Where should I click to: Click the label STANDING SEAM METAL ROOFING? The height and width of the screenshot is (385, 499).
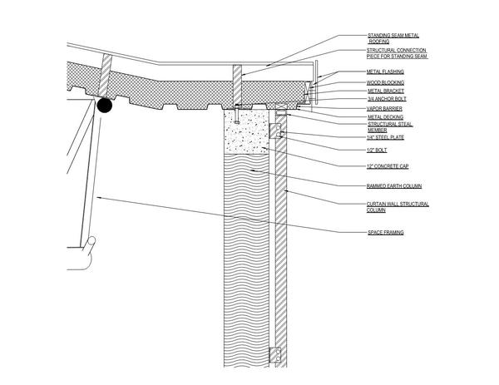(393, 38)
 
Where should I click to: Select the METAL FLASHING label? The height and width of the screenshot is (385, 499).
(385, 72)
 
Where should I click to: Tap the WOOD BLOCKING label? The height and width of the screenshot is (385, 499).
(385, 82)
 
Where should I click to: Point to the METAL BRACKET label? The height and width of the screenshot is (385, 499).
(386, 91)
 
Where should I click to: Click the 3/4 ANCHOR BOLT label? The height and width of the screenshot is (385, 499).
(387, 99)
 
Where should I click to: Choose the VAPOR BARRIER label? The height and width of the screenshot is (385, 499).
(384, 109)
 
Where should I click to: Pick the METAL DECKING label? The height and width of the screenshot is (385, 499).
(385, 117)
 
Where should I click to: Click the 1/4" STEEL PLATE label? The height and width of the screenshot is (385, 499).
(385, 137)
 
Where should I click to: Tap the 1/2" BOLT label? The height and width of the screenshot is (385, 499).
(377, 151)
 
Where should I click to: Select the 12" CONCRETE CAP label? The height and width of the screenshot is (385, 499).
(388, 166)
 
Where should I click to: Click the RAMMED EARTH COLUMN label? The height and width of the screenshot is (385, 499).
(394, 186)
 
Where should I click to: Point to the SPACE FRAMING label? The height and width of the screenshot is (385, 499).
(386, 233)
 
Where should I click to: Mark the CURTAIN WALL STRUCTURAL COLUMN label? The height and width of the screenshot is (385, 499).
(398, 207)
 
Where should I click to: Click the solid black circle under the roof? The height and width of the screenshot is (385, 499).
(105, 106)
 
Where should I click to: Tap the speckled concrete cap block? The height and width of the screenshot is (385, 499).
(247, 131)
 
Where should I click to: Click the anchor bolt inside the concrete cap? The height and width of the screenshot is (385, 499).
(236, 114)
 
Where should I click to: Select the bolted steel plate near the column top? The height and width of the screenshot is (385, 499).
(275, 131)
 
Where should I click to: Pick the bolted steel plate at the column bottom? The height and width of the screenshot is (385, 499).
(275, 355)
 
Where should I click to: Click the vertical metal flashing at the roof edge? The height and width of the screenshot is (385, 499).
(316, 82)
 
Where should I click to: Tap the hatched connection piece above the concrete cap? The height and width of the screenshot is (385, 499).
(237, 86)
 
